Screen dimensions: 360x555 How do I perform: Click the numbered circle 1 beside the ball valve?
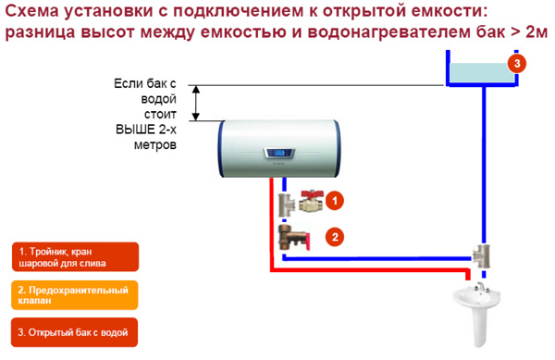click(336, 199)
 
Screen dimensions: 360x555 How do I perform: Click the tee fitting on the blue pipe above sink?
click(481, 254)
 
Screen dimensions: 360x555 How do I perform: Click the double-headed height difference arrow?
click(196, 103)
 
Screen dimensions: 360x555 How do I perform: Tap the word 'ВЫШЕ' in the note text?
click(130, 131)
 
